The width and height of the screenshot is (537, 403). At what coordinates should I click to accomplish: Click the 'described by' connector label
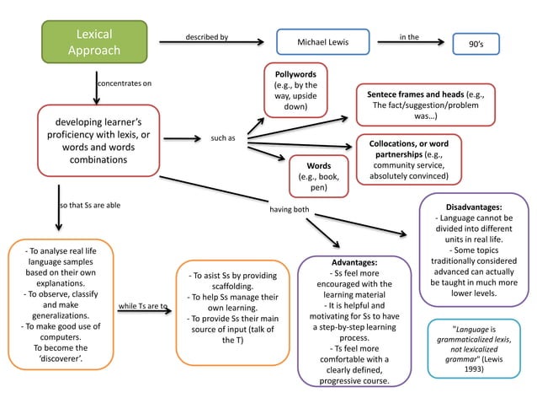[206, 37]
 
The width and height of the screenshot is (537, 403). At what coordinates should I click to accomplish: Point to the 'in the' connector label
[409, 37]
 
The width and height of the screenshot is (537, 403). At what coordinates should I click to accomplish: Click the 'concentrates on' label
[125, 83]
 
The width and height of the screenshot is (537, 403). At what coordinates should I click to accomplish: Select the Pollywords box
[295, 90]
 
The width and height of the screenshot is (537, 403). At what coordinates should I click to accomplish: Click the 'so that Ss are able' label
[89, 205]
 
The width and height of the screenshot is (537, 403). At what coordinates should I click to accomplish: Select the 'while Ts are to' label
[142, 305]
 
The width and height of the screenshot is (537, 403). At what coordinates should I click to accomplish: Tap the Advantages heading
[354, 263]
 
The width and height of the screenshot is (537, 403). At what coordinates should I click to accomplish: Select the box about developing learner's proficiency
[98, 140]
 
